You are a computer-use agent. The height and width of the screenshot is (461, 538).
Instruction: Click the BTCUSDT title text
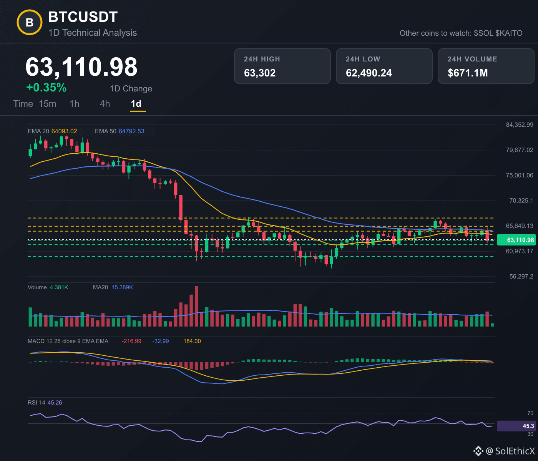click(x=83, y=17)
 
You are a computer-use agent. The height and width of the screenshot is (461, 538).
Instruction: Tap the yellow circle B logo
click(x=30, y=22)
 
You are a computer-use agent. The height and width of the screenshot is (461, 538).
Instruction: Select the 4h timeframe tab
click(x=105, y=104)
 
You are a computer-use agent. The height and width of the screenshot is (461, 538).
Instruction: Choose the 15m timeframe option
click(x=47, y=104)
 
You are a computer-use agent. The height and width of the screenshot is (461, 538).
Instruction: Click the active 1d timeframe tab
click(x=136, y=104)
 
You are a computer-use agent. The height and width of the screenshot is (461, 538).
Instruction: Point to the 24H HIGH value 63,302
click(x=260, y=73)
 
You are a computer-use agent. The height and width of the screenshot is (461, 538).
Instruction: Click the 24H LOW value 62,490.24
click(x=369, y=73)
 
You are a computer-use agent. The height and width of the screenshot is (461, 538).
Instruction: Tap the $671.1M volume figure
click(x=468, y=73)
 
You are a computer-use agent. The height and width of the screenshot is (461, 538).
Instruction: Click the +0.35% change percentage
click(x=46, y=88)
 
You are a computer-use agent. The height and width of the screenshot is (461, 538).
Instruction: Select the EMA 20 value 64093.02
click(x=64, y=131)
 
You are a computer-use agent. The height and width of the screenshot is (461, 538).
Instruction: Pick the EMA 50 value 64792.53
click(x=131, y=131)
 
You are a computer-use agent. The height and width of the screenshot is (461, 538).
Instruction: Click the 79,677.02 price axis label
click(x=520, y=150)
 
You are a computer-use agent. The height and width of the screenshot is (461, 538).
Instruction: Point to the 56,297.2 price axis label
click(x=521, y=276)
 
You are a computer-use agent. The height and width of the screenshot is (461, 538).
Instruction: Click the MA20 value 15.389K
click(x=122, y=287)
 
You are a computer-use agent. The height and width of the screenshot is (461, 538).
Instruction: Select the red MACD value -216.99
click(x=131, y=341)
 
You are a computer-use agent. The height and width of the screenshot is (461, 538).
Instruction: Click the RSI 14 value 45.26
click(x=55, y=403)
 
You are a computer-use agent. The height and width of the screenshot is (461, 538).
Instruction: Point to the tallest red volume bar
click(x=196, y=306)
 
